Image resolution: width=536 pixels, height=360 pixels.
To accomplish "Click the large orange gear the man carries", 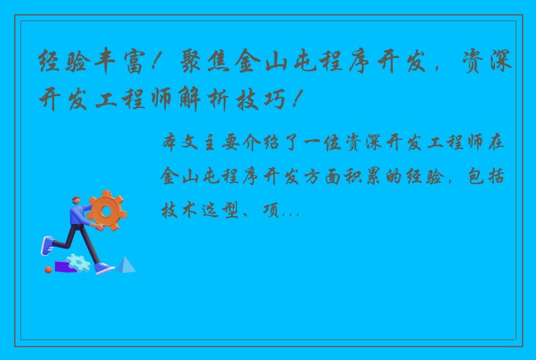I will pos(107,210).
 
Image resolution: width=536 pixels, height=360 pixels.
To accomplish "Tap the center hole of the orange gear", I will pos(107,210).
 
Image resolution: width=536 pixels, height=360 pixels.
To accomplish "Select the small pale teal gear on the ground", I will pos(80,263).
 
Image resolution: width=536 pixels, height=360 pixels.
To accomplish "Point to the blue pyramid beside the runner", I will pos(126,265).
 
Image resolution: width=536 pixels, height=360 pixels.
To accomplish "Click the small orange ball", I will pos(49,269).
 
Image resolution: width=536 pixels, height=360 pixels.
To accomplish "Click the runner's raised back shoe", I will pos(46,246).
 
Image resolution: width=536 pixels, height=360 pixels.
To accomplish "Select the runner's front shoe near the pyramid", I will pos(104,268).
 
